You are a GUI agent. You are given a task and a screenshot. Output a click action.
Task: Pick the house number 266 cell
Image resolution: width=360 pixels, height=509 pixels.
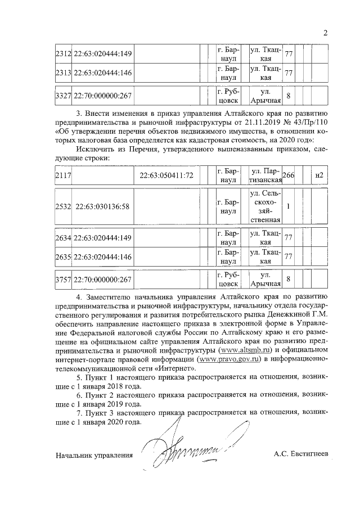pos(289,175)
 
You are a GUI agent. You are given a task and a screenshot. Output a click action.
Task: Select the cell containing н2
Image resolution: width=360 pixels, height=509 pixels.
pos(319,175)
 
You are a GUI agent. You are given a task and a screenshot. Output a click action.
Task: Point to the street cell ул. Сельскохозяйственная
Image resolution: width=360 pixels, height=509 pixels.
pos(264,206)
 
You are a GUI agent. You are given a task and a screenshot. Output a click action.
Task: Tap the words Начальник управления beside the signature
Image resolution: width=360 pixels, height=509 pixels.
pos(94,454)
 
